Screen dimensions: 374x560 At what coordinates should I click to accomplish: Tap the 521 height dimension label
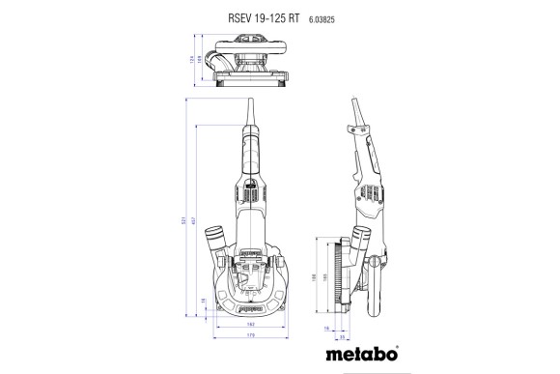pyautogui.click(x=183, y=221)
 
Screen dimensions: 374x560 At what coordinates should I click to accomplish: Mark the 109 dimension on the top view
pyautogui.click(x=200, y=63)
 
